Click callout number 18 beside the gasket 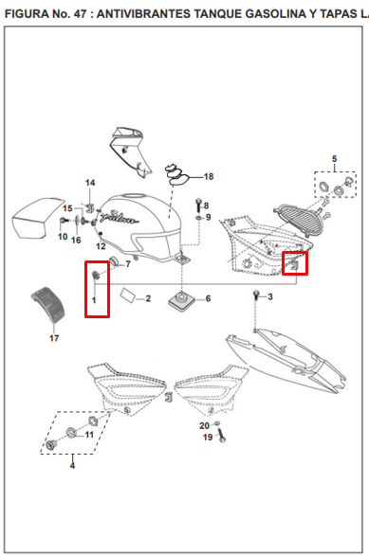(x=209, y=176)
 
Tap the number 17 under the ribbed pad (x=54, y=338)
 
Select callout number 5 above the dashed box (x=334, y=159)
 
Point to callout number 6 (x=208, y=298)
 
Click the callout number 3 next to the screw (x=270, y=296)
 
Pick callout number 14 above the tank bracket (x=90, y=183)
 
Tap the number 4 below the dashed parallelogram (x=72, y=465)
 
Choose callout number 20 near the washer (x=204, y=425)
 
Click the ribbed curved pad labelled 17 (x=48, y=304)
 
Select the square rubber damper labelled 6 (x=182, y=300)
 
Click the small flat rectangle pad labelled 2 (x=127, y=295)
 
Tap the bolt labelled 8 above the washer (x=198, y=206)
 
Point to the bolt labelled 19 (x=221, y=435)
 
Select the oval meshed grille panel (x=301, y=220)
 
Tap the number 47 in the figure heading (x=81, y=14)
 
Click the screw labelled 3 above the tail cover (x=256, y=295)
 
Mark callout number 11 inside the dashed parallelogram (x=89, y=435)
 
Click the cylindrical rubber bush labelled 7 (x=114, y=260)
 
